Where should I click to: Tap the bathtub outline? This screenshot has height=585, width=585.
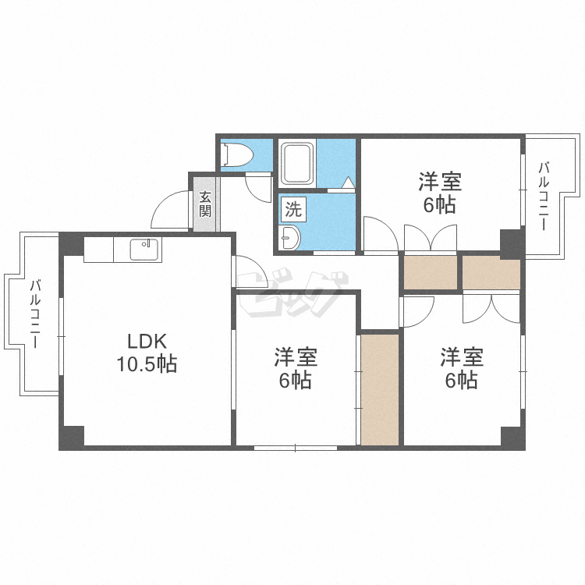click(x=297, y=163)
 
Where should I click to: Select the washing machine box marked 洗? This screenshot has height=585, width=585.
click(x=293, y=209)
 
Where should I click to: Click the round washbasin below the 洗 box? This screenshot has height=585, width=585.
click(x=291, y=237)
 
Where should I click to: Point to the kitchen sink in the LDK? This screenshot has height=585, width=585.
click(x=144, y=250)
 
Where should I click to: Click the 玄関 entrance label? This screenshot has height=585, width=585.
click(x=205, y=204)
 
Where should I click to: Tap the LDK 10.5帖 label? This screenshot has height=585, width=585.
click(x=147, y=353)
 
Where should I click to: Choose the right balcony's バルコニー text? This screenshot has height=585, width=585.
click(x=544, y=197)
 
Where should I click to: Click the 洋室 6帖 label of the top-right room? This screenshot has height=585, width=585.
click(x=440, y=193)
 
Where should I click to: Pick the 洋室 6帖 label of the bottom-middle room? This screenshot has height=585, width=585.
click(x=296, y=368)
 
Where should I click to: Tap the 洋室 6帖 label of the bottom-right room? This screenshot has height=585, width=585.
click(x=462, y=368)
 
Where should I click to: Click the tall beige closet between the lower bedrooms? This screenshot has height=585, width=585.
click(x=380, y=389)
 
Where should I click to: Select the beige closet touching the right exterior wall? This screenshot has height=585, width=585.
click(x=491, y=273)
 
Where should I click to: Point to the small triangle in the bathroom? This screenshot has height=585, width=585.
click(x=348, y=183)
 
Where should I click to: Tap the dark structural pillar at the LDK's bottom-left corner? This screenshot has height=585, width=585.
click(x=73, y=437)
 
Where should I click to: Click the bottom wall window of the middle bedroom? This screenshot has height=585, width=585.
click(x=296, y=448)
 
